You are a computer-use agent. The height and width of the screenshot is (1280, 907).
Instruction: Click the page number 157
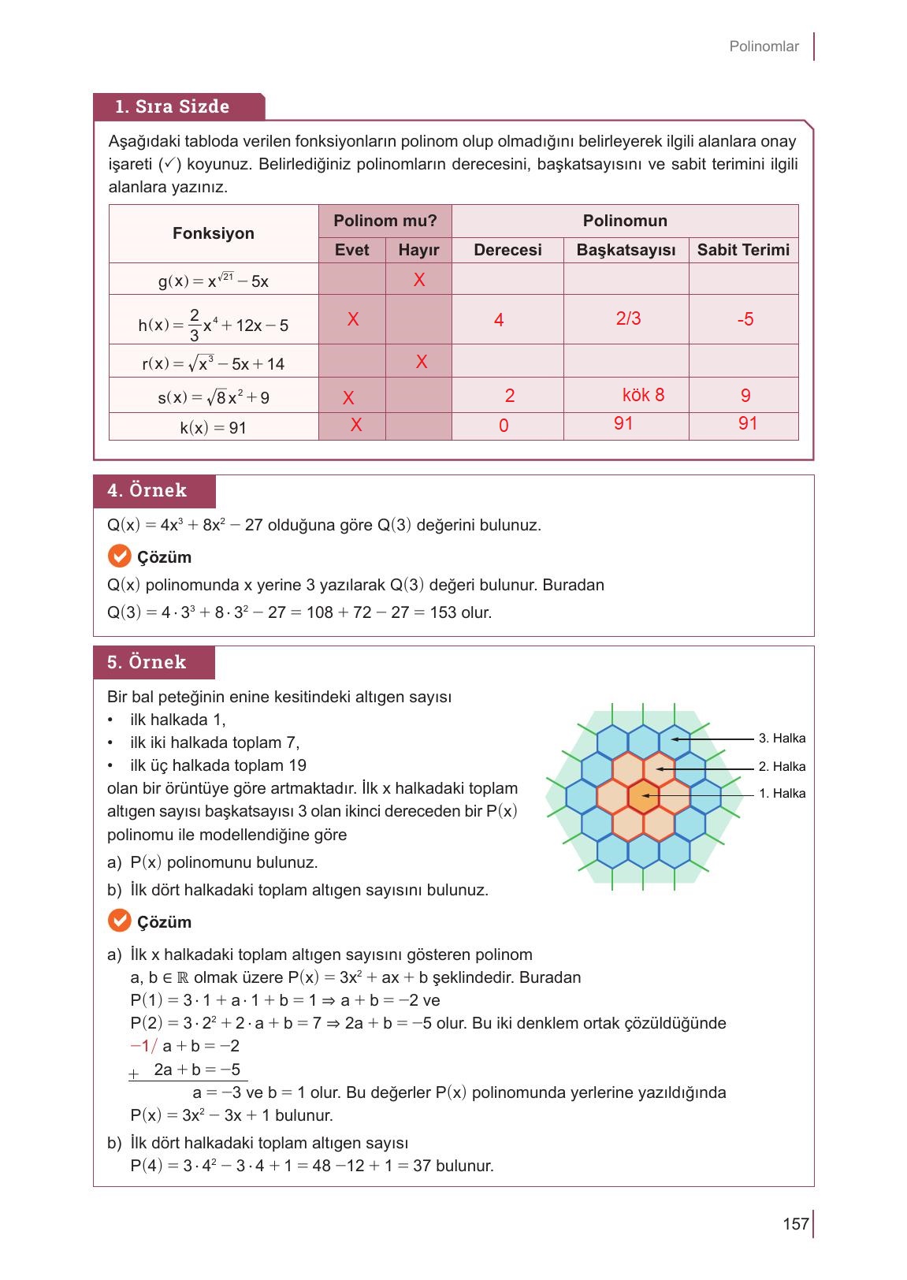[x=795, y=1223]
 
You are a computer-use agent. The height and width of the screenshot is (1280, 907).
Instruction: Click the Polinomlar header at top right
[x=763, y=47]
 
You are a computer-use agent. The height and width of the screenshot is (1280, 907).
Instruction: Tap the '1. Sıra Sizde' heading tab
[x=173, y=106]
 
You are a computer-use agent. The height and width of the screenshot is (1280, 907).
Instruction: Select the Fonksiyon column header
[x=214, y=233]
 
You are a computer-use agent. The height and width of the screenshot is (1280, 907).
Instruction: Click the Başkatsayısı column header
[x=626, y=250]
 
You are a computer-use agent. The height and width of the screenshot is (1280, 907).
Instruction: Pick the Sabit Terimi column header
[x=742, y=250]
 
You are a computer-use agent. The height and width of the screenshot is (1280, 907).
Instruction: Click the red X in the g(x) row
[x=419, y=280]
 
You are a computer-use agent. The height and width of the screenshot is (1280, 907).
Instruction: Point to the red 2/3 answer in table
[x=628, y=318]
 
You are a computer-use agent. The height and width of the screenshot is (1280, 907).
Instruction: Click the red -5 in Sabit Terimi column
[x=745, y=319]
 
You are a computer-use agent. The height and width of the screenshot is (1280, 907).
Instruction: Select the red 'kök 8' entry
[x=643, y=395]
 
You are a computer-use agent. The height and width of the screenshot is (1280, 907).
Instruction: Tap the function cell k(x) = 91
[x=214, y=428]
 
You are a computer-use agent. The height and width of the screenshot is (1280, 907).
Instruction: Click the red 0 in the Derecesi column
[x=504, y=426]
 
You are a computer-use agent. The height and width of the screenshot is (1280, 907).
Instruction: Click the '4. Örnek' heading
[x=147, y=490]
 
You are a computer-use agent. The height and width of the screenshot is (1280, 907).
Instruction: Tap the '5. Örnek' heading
[x=147, y=662]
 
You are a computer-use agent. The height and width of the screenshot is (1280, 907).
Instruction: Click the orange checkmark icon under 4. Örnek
[x=119, y=556]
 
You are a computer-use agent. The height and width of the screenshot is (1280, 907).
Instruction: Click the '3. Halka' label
[x=782, y=739]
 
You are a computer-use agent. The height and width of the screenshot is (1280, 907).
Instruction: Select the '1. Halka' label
[x=782, y=794]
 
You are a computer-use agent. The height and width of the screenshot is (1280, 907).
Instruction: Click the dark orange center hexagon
[x=643, y=797]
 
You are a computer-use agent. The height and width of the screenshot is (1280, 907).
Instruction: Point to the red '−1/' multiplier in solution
[x=143, y=1046]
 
